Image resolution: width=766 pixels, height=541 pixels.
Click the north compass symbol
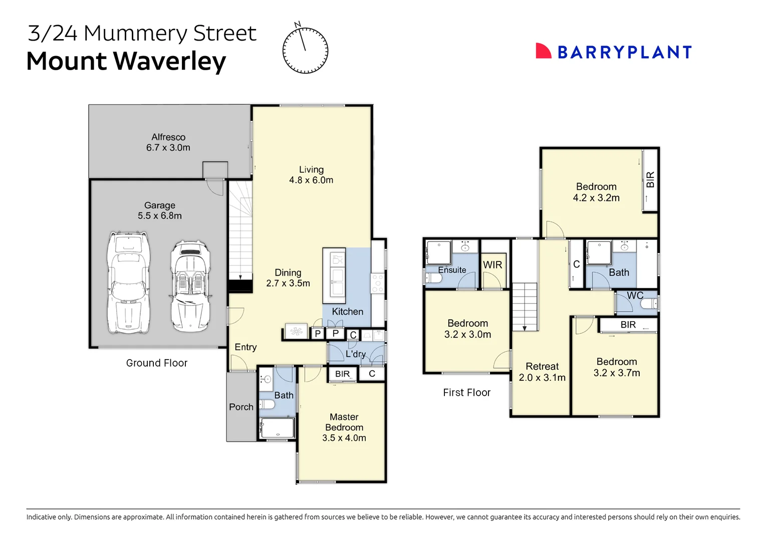[305, 51]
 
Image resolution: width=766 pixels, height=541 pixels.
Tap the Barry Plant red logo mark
[543, 51]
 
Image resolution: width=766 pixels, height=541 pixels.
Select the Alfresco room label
[168, 137]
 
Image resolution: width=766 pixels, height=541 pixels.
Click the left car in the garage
[129, 283]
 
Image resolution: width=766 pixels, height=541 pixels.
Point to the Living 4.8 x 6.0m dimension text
[311, 180]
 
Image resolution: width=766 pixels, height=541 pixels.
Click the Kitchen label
[347, 312]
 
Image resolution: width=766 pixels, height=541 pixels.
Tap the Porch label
[241, 407]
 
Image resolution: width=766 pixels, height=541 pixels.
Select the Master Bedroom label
[344, 422]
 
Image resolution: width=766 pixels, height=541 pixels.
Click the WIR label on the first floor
[492, 265]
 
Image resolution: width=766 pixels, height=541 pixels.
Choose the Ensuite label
[452, 270]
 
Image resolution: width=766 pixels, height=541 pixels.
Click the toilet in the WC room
[649, 304]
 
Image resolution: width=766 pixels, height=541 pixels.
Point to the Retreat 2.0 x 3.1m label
[542, 372]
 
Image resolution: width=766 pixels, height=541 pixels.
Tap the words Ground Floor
[157, 363]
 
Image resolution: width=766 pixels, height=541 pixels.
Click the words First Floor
[466, 393]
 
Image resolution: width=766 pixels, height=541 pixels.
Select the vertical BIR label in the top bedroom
[650, 179]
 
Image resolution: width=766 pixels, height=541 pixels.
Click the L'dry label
[356, 354]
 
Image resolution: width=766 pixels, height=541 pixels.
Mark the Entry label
[245, 347]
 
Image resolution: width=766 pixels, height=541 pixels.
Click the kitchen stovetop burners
[377, 283]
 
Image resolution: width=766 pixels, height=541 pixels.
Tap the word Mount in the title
[66, 62]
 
